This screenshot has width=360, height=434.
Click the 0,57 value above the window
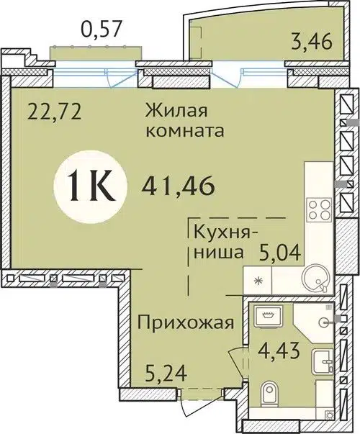pyautogui.click(x=101, y=30)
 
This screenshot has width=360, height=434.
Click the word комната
pyautogui.click(x=184, y=132)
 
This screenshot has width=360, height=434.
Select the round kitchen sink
pyautogui.click(x=314, y=277)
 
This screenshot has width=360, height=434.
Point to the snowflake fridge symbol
pyautogui.click(x=256, y=279)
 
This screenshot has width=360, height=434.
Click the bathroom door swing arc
pyautogui.click(x=236, y=360)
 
